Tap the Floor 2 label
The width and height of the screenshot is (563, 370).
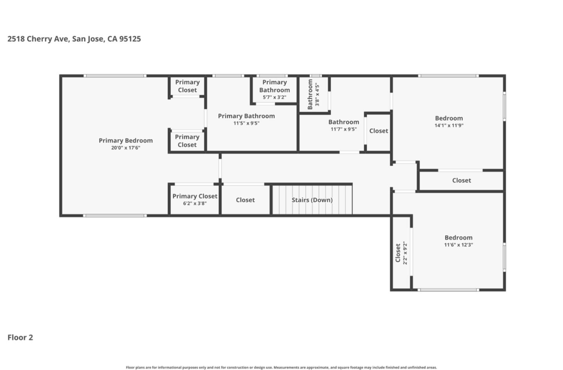click(x=20, y=338)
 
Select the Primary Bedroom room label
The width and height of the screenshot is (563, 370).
click(x=126, y=141)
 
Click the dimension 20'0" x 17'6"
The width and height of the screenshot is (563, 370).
click(x=126, y=148)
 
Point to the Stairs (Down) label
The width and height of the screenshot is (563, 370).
click(x=312, y=200)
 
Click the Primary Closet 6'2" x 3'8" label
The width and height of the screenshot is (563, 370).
click(x=195, y=199)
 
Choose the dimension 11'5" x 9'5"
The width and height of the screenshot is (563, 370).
click(x=246, y=123)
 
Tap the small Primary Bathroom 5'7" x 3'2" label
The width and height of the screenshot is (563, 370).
click(x=274, y=89)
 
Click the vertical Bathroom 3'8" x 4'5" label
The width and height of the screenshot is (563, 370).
click(x=313, y=94)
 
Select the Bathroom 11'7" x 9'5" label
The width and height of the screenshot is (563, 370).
click(x=343, y=125)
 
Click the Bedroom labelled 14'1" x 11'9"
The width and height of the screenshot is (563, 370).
click(x=449, y=121)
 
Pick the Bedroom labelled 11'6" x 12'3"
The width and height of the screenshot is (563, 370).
click(x=458, y=241)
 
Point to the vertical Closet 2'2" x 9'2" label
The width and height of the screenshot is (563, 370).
click(x=401, y=253)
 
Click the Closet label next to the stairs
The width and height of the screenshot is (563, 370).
click(x=245, y=200)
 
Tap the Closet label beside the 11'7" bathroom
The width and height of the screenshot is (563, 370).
click(x=378, y=131)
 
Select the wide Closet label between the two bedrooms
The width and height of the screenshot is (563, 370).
click(x=461, y=180)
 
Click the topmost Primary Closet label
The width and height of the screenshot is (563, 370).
click(x=187, y=86)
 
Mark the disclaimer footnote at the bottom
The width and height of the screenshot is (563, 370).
click(x=281, y=367)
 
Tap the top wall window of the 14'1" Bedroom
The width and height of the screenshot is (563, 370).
click(x=448, y=76)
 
